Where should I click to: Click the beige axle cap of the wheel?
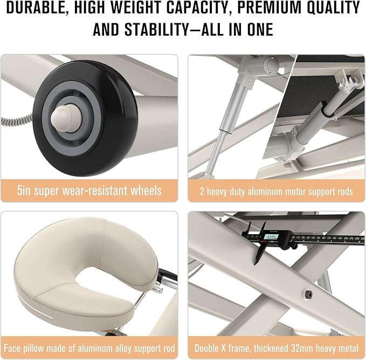[x=66, y=117]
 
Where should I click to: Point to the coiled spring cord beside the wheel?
[x=16, y=120]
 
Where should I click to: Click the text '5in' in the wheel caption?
[x=24, y=191]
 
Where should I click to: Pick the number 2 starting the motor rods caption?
[x=202, y=192]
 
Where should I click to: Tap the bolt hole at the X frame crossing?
[x=308, y=295]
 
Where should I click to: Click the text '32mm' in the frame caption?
[x=299, y=348]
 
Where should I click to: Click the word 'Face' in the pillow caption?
[x=11, y=348]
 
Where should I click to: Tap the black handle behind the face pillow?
[x=167, y=274]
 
